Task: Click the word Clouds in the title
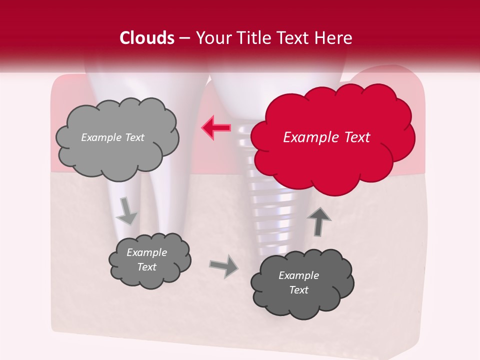tap(147, 38)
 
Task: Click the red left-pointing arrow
tap(216, 128)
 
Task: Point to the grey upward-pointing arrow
tap(318, 222)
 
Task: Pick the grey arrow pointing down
tap(126, 211)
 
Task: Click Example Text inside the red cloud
tap(326, 137)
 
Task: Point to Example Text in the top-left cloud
tap(112, 137)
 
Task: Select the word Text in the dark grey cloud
tap(298, 290)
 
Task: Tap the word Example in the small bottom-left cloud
tap(146, 252)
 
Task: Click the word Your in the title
tap(210, 38)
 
